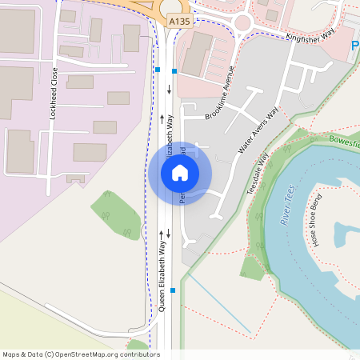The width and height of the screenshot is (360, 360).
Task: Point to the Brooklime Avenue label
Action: coord(223,94)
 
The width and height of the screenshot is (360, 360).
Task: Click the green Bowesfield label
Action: coord(344,142)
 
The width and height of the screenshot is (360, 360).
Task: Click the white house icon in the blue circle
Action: coord(180,173)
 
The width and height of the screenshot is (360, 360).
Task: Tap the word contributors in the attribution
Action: coord(138,354)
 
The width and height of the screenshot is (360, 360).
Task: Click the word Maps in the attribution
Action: coord(11,354)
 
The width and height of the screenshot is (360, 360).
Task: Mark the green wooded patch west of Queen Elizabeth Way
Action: coord(118,215)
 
